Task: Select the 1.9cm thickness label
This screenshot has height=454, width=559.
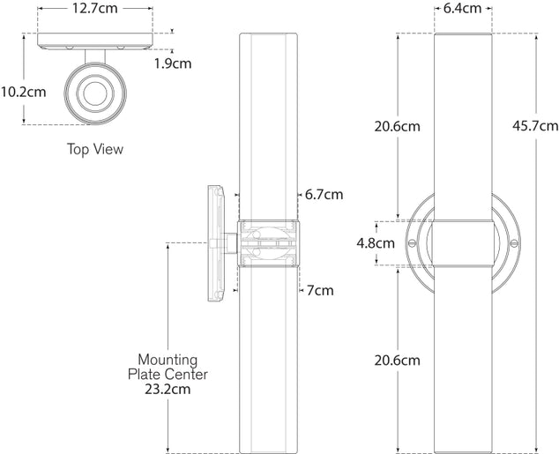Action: tap(172, 63)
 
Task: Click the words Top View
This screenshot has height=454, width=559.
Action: tap(95, 149)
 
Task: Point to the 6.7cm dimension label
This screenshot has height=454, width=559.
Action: tap(324, 194)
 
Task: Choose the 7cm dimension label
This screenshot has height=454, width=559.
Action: tap(319, 290)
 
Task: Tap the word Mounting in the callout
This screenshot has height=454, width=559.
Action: tap(167, 360)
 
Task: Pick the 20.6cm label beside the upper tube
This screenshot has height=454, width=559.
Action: tap(395, 126)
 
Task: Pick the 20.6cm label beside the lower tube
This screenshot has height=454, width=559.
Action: tap(395, 360)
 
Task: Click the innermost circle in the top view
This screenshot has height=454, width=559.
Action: tap(96, 93)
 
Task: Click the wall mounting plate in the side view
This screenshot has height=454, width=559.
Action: tap(213, 242)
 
